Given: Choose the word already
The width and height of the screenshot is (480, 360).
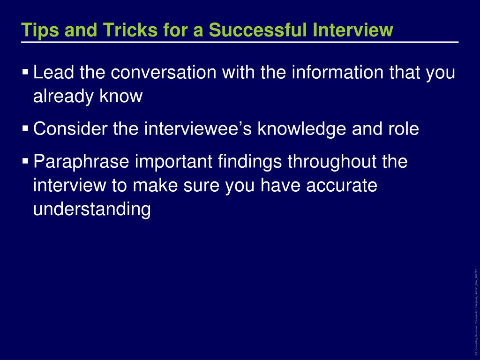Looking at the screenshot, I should (62, 97).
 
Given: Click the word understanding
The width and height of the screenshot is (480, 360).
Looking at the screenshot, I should (92, 209).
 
